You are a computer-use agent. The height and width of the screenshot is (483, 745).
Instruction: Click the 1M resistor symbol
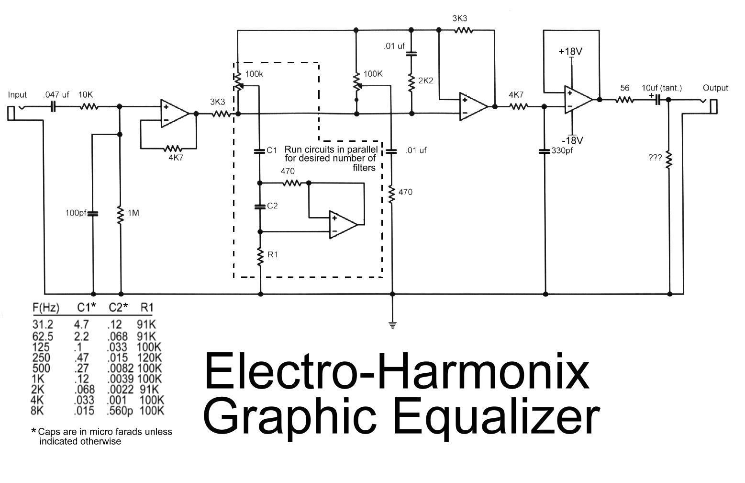tap(120, 213)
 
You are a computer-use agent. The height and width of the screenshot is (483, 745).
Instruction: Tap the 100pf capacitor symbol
tap(93, 213)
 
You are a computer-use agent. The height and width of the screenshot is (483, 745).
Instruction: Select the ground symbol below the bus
tap(392, 326)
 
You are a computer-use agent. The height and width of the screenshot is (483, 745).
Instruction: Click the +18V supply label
tap(570, 51)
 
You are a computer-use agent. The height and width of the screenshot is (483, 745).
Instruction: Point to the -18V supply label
tap(572, 140)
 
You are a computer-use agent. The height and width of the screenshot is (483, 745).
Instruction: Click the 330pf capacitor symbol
tap(545, 151)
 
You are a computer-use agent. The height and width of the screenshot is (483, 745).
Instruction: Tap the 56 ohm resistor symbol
tap(624, 100)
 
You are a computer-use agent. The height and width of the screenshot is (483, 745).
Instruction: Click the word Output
tap(715, 88)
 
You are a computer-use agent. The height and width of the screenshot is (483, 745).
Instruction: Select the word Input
tap(17, 95)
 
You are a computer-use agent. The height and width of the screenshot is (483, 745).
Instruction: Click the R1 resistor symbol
tap(260, 256)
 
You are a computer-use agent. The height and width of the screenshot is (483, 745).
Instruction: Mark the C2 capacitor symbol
tap(260, 207)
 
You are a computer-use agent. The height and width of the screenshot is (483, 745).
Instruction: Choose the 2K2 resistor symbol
tap(411, 82)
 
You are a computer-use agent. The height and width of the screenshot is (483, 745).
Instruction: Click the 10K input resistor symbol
tap(89, 107)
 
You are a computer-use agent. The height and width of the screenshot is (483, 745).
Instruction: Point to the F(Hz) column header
tap(46, 307)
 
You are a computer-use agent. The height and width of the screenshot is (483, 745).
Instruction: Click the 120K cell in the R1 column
tap(149, 357)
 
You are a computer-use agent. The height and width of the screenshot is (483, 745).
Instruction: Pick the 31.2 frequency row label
tap(43, 324)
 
